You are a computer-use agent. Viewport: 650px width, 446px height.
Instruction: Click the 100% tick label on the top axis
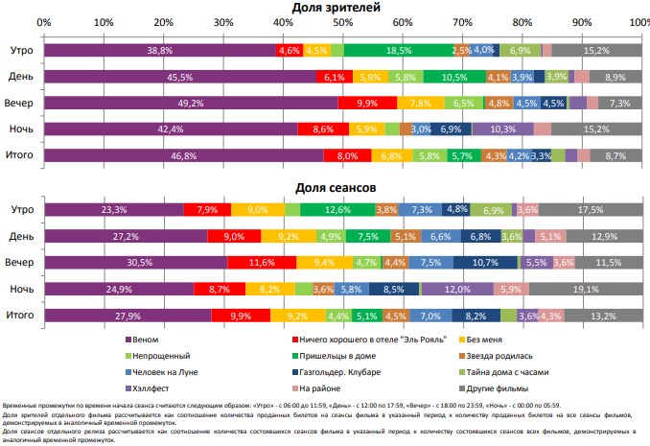point(638,21)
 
